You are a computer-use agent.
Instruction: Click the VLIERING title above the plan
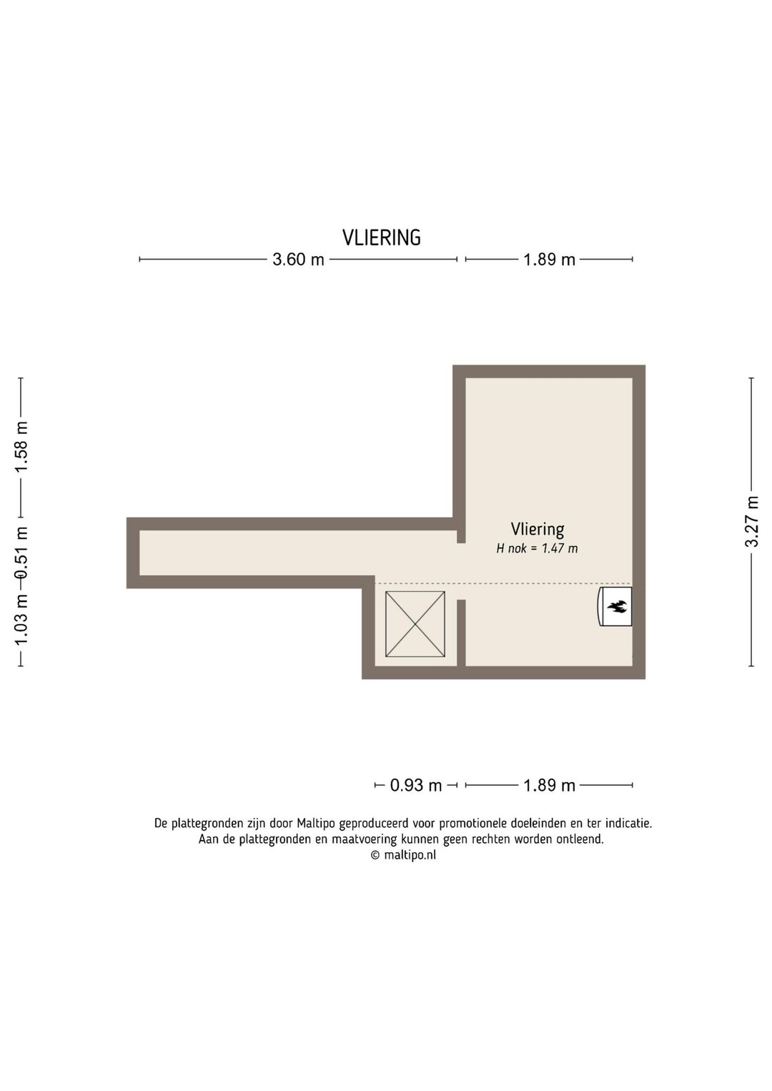(x=381, y=237)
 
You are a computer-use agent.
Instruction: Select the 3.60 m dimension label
(x=298, y=260)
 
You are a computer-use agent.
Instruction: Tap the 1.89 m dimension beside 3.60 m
(x=549, y=260)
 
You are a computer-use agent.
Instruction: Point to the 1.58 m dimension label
(x=21, y=446)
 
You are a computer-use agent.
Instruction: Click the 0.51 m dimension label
(x=21, y=552)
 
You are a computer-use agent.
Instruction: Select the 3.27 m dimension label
(x=751, y=521)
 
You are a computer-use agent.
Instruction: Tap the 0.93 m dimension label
(x=415, y=785)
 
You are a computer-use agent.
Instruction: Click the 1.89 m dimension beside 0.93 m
(x=549, y=785)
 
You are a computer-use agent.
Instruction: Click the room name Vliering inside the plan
(x=537, y=529)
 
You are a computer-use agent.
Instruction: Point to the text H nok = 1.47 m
(x=537, y=548)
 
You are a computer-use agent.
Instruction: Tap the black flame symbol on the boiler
(x=617, y=607)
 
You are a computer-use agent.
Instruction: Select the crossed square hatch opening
(x=415, y=624)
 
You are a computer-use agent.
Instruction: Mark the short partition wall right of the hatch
(x=461, y=632)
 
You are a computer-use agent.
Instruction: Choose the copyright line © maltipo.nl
(x=403, y=854)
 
